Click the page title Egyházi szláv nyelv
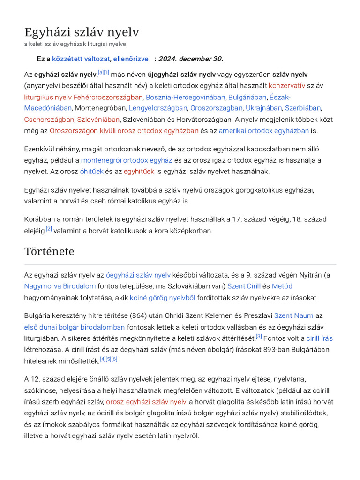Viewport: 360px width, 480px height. (82, 32)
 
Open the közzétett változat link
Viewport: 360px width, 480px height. (81, 59)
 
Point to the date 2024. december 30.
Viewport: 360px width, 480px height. (191, 59)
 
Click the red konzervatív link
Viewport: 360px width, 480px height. (287, 86)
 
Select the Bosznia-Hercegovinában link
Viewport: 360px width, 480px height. (185, 97)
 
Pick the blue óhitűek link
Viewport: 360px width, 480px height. (91, 172)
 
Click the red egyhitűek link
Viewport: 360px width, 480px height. (139, 172)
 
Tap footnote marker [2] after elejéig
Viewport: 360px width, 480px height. (49, 229)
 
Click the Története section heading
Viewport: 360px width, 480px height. (49, 251)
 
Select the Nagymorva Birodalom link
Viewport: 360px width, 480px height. (60, 286)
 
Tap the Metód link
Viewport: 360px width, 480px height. (282, 286)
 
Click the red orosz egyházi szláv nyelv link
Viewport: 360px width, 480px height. (146, 402)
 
